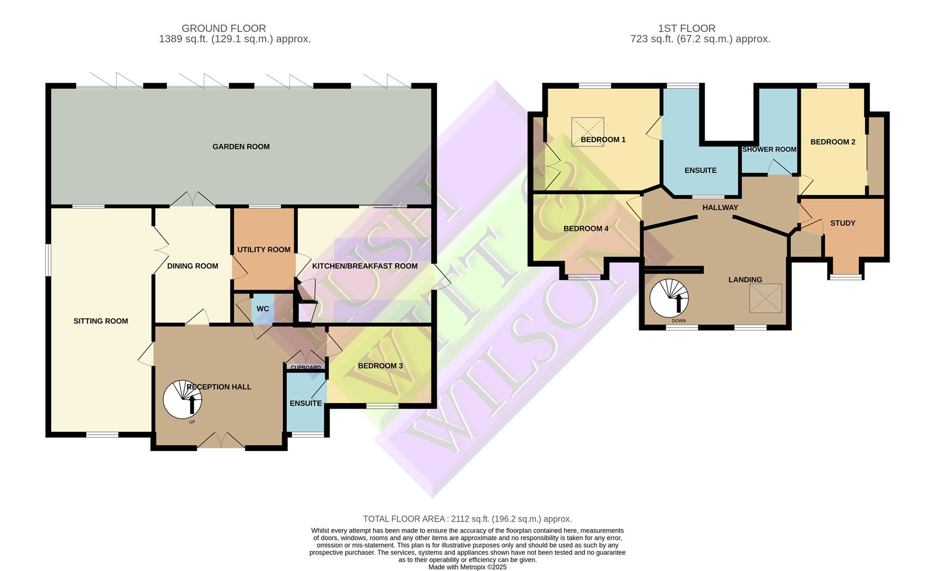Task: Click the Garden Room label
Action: coord(241,146)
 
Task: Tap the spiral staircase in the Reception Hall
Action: coord(182,400)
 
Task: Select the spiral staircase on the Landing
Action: coord(669,298)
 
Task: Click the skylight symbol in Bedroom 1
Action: coord(587,131)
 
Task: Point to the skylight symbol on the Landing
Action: coord(765,298)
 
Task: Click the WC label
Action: coord(263,309)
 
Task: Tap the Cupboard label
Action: coord(306,367)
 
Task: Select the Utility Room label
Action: coord(264,250)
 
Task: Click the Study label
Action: coord(843,223)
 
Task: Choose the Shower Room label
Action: coord(769,150)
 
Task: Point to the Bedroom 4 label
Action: coord(586,228)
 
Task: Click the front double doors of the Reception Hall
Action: coord(221,440)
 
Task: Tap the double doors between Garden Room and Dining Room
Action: coord(192,199)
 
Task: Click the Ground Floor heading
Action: coord(223,28)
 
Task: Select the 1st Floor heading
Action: coord(686,28)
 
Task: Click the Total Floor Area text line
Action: coord(467,519)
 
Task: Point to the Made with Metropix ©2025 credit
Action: coord(467,567)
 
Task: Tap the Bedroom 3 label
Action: coord(380,366)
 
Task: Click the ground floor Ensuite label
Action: coord(305,403)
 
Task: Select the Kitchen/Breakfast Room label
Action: coord(364,266)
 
